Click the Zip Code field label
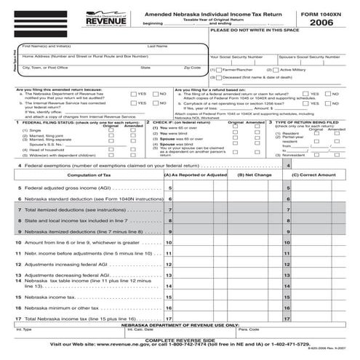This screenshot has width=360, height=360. click(193, 68)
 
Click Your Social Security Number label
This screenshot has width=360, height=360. click(236, 56)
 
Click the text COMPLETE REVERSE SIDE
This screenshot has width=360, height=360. click(180, 340)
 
